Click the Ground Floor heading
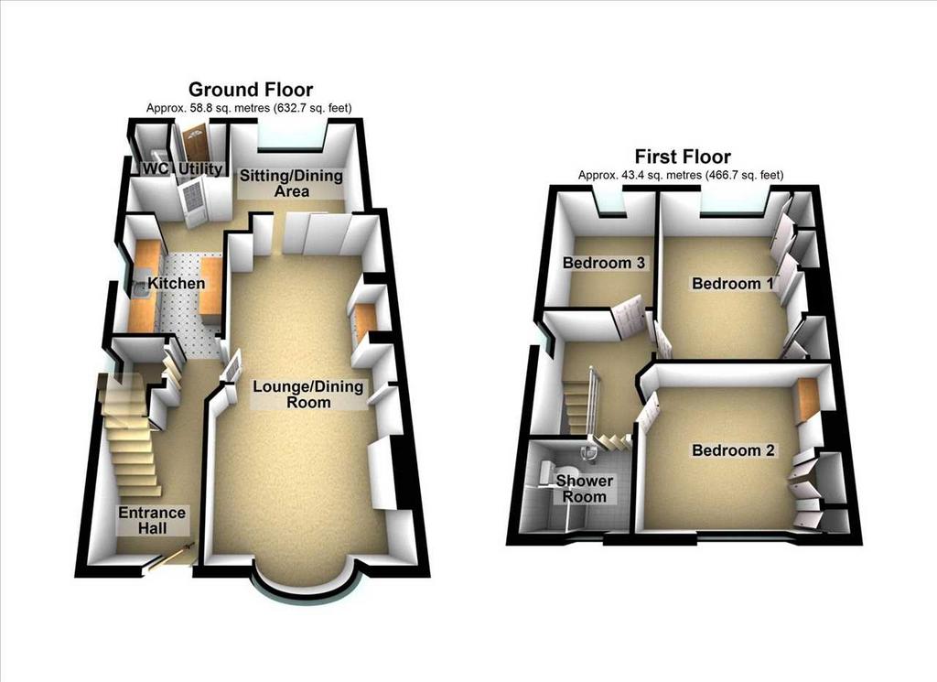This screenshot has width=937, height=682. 251,90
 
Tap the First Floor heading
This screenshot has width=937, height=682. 683,157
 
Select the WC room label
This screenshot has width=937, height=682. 156,168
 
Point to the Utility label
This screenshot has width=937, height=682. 201,169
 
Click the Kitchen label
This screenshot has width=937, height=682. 177,283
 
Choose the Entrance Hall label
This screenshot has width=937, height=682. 152,520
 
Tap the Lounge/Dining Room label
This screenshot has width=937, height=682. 308,394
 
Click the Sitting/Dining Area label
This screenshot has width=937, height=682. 292,183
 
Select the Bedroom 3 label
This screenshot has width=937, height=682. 605,263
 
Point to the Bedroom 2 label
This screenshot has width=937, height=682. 733,450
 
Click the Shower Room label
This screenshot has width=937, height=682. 585,488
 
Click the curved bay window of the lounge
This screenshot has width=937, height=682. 306,596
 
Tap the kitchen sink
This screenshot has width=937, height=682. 138,290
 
